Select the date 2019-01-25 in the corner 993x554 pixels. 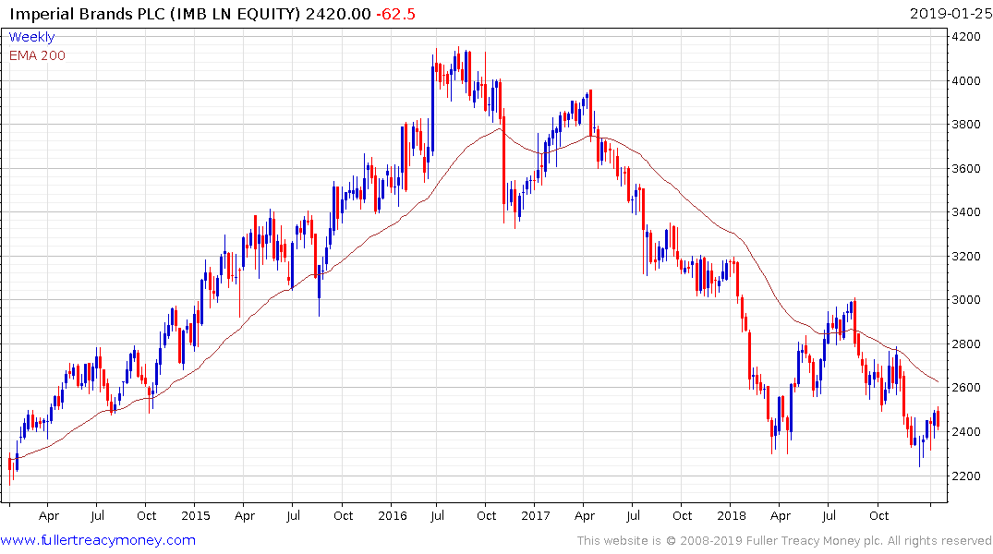tap(949, 14)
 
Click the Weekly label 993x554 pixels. tap(31, 37)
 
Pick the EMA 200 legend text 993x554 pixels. tap(37, 55)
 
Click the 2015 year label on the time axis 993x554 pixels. tap(196, 515)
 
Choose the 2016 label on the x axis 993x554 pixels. tap(393, 515)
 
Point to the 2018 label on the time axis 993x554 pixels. tap(732, 515)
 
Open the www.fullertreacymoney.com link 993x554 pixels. tap(98, 540)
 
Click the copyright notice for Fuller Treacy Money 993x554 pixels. tap(784, 540)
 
